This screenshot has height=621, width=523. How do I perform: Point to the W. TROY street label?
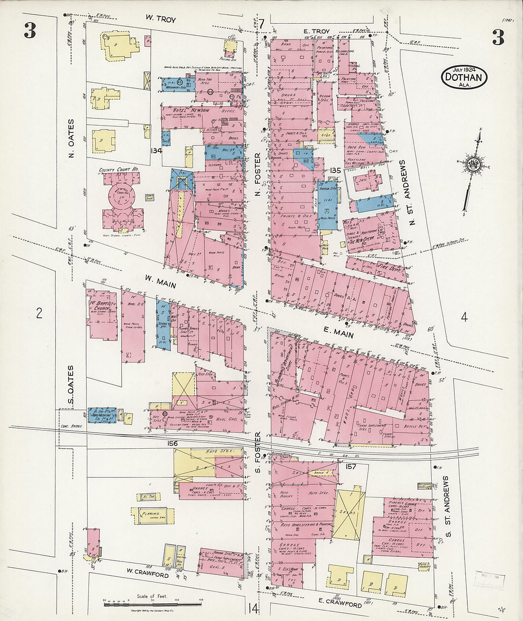pos(160,20)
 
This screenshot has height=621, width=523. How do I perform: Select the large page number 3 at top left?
pos(29,31)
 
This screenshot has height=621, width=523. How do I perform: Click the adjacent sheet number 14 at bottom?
pos(252,608)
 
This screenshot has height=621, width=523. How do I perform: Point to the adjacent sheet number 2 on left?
pos(39,313)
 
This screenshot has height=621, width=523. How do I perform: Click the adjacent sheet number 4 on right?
pos(464,317)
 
